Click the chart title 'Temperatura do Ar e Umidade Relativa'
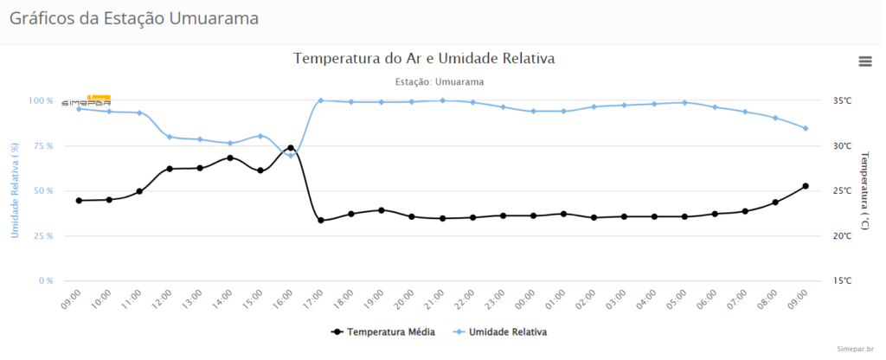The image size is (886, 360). [424, 59]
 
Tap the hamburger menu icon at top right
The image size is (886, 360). [864, 61]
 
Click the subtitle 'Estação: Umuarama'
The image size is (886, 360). [439, 81]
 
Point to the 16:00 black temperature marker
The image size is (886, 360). [291, 148]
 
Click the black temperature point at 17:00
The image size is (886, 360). [321, 220]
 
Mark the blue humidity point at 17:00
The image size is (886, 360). [321, 100]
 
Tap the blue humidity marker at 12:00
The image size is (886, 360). [170, 137]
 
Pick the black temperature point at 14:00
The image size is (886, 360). [230, 157]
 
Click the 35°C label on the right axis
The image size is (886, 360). [842, 100]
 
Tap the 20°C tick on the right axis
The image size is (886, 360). [842, 235]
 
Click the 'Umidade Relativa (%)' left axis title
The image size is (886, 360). [15, 191]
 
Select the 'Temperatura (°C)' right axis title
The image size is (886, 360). [865, 190]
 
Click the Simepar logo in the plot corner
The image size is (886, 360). [87, 100]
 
